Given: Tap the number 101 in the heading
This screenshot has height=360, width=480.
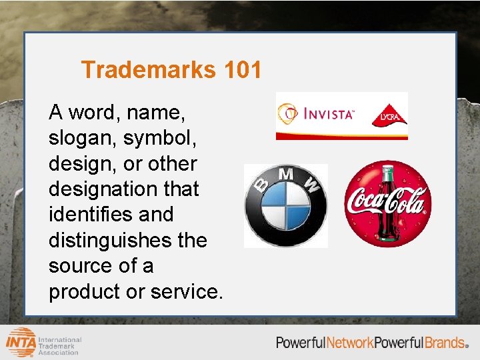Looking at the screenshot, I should (243, 69).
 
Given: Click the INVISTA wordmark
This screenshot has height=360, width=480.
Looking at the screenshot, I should (328, 114).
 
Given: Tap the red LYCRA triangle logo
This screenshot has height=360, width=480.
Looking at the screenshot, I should (389, 115).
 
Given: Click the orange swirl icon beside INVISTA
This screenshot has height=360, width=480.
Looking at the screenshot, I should (288, 113).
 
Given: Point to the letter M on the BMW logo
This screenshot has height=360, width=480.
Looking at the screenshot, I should (286, 175).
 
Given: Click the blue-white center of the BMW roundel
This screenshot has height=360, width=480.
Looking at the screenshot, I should (286, 207).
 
